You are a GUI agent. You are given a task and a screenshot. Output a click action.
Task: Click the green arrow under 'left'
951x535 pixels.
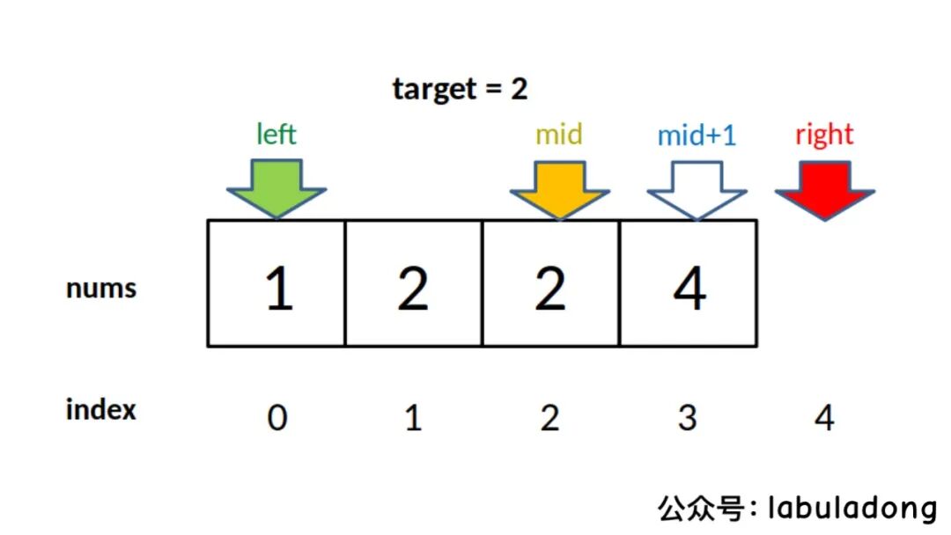pyautogui.click(x=276, y=187)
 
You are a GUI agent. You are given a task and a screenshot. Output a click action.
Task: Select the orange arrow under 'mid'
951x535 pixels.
pyautogui.click(x=559, y=187)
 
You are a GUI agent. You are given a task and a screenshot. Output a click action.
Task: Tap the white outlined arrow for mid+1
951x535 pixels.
pyautogui.click(x=697, y=187)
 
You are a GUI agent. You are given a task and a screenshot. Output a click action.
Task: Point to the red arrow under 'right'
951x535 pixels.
pyautogui.click(x=824, y=187)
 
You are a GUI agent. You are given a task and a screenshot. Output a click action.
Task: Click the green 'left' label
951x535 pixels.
pyautogui.click(x=276, y=135)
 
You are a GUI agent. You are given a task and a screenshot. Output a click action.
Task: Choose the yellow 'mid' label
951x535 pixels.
pyautogui.click(x=559, y=135)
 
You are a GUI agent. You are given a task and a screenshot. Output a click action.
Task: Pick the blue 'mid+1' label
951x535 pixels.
pyautogui.click(x=697, y=136)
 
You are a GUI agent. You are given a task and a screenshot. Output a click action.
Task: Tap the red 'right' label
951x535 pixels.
pyautogui.click(x=824, y=135)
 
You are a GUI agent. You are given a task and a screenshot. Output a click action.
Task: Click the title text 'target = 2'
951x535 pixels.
pyautogui.click(x=460, y=89)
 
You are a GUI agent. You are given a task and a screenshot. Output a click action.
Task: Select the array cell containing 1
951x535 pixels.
pyautogui.click(x=276, y=283)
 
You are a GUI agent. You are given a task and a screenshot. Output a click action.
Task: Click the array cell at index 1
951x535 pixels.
pyautogui.click(x=413, y=283)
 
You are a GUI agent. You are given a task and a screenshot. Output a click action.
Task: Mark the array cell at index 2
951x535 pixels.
pyautogui.click(x=550, y=283)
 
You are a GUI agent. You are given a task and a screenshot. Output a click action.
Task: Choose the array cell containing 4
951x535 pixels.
pyautogui.click(x=689, y=283)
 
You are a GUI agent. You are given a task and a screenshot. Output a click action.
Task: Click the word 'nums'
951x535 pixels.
pyautogui.click(x=101, y=288)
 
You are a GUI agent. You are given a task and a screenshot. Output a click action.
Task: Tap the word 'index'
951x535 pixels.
pyautogui.click(x=101, y=409)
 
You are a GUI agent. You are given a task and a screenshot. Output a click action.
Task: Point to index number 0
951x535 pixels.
pyautogui.click(x=276, y=418)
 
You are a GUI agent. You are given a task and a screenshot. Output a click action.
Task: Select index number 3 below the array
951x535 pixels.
pyautogui.click(x=687, y=418)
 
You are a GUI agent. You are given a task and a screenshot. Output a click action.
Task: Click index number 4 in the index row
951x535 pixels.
pyautogui.click(x=824, y=418)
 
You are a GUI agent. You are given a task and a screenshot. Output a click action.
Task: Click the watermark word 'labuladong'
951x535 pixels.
pyautogui.click(x=852, y=508)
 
